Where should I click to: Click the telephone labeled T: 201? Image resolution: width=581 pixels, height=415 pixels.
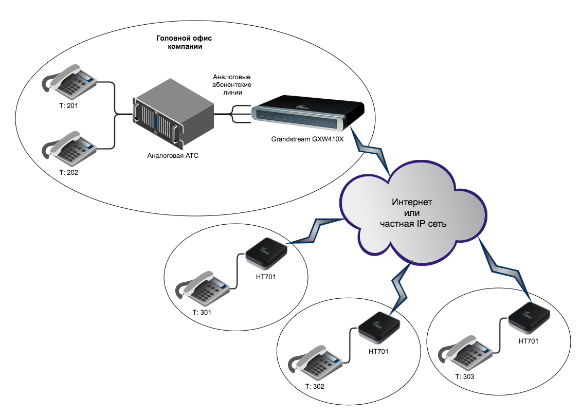[69, 81]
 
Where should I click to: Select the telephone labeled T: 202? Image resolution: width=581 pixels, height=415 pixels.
[69, 148]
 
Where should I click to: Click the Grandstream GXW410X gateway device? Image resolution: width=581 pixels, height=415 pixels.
[307, 115]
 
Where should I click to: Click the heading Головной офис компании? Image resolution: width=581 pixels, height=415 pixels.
[185, 43]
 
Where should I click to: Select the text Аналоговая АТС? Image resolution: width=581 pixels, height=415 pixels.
[172, 155]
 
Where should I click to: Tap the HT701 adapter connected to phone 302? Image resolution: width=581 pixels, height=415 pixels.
[378, 327]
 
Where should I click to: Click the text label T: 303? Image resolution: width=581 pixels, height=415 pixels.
[464, 376]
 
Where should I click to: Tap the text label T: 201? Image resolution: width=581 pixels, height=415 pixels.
[68, 105]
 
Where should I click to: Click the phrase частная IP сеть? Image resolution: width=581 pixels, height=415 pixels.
[413, 223]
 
